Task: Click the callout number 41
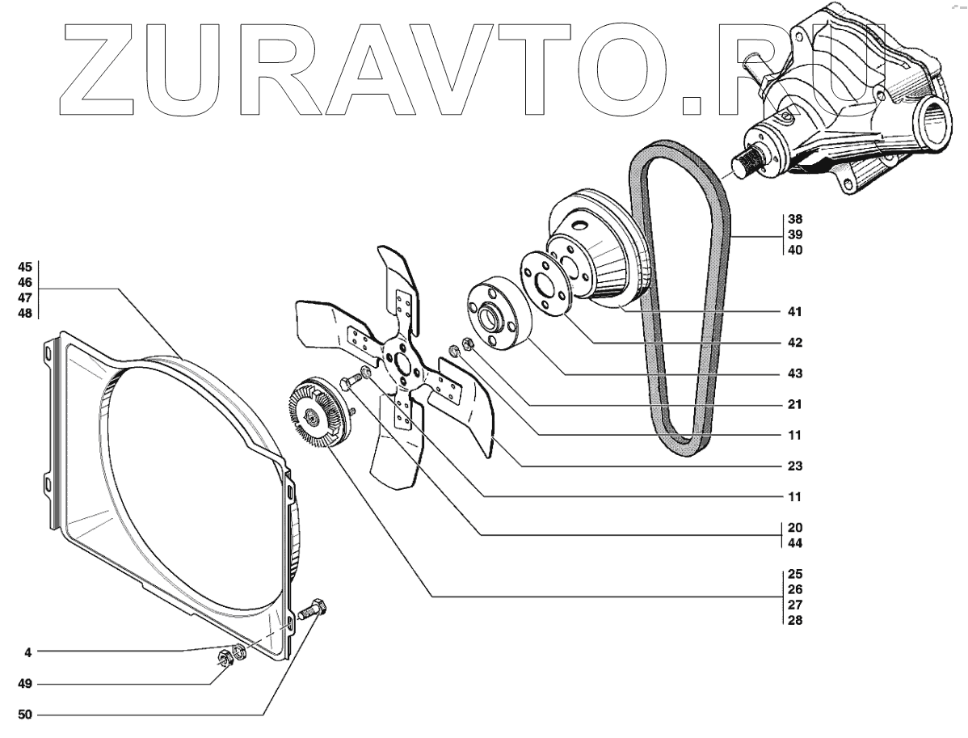(x=794, y=311)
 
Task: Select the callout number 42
(x=794, y=343)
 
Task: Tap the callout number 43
(x=794, y=374)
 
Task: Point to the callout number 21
(x=794, y=403)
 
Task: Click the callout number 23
(x=794, y=466)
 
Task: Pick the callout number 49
(x=25, y=684)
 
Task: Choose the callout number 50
(x=25, y=715)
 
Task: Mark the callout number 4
(x=27, y=651)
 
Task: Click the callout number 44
(x=794, y=542)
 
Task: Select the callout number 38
(x=794, y=219)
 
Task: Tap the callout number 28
(x=794, y=621)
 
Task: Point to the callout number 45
(x=25, y=266)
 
